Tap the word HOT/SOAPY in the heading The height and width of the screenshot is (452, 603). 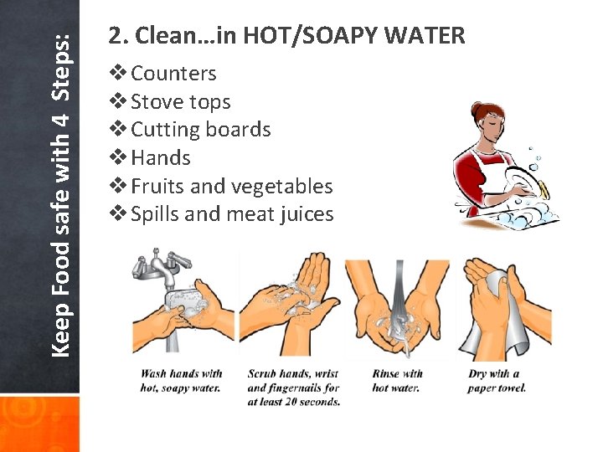317,36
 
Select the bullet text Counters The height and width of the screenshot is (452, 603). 173,74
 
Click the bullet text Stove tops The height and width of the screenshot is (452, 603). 180,102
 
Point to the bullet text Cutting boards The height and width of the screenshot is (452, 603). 201,130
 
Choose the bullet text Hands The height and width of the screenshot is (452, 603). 161,158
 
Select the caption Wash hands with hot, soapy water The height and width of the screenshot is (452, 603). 181,381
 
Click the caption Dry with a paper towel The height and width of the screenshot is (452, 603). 497,381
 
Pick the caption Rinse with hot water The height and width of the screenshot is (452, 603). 397,381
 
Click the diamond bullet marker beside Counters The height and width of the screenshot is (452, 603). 119,74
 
